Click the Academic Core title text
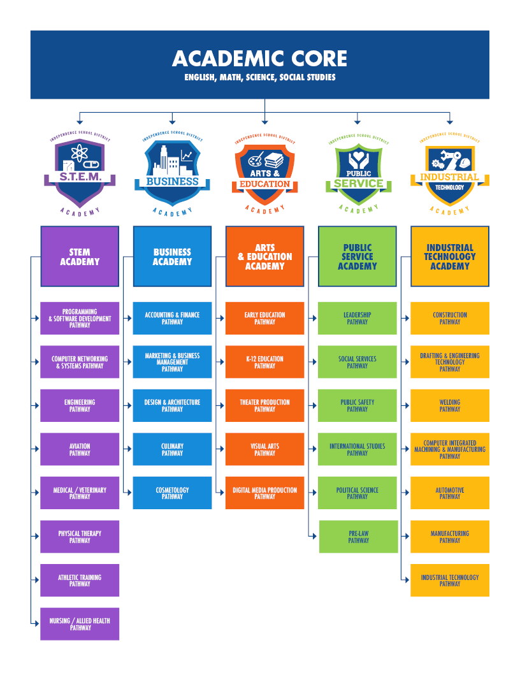point(259,59)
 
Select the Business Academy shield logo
point(172,169)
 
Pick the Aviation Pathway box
point(80,449)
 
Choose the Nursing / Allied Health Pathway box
point(80,624)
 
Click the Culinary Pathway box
point(172,449)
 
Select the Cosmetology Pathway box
point(172,493)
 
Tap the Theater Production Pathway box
point(264,405)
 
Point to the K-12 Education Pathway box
point(264,362)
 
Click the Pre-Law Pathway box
point(358,537)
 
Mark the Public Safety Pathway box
point(357,405)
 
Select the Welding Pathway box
point(450,405)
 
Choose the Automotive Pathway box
point(450,493)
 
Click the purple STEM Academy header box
point(80,256)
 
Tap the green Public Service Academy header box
point(357,256)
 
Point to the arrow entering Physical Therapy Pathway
point(36,537)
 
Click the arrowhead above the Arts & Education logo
point(264,120)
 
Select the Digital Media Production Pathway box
point(264,493)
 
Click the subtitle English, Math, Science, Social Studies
point(259,78)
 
